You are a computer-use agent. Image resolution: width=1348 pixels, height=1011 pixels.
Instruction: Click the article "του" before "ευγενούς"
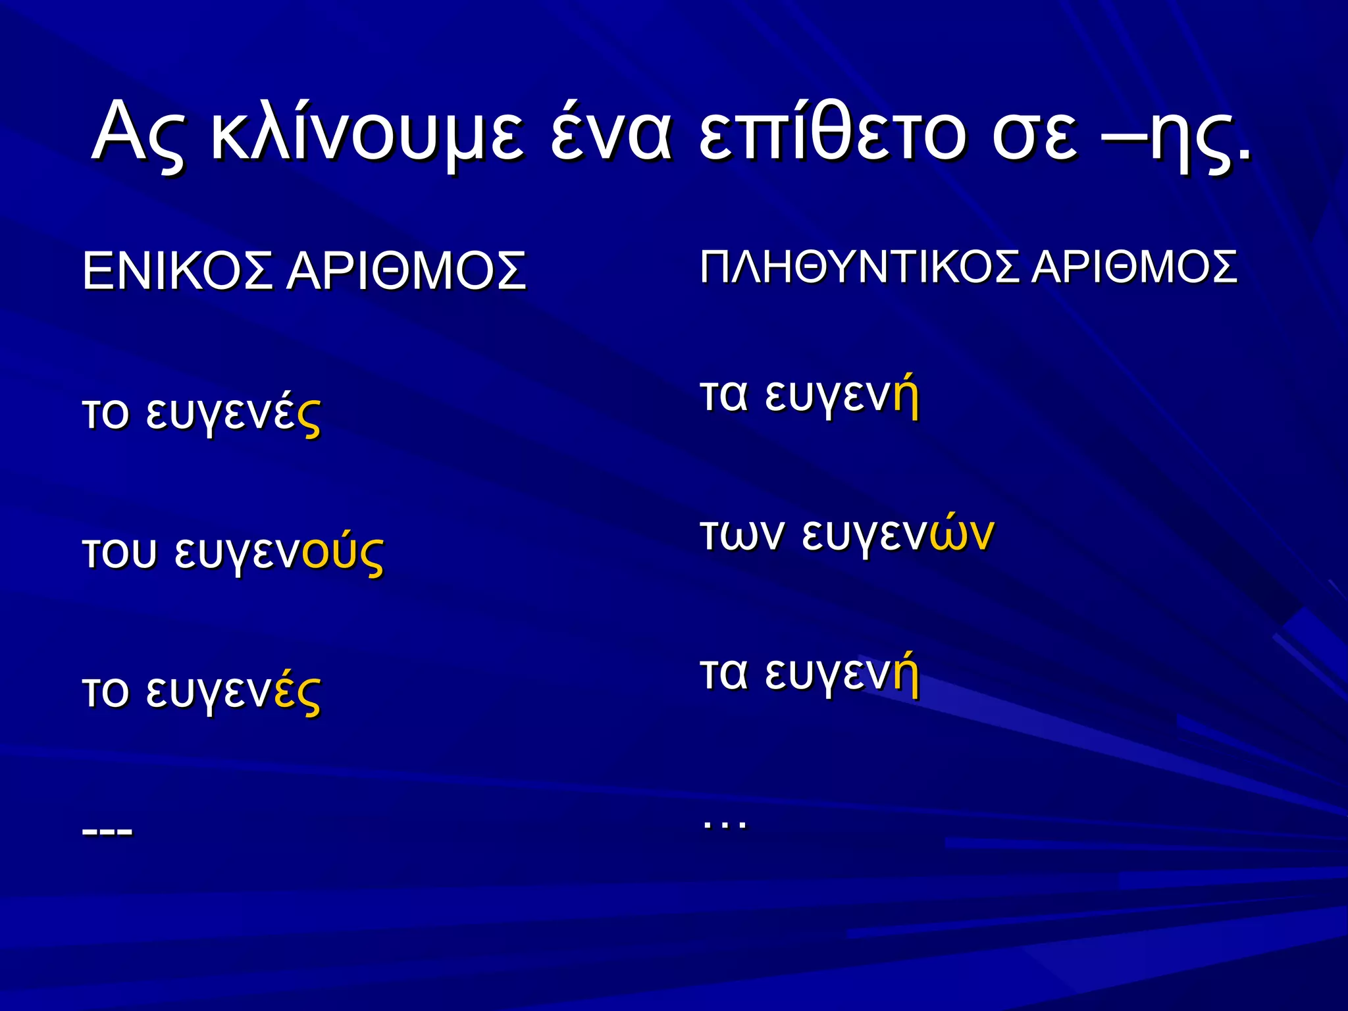click(x=119, y=553)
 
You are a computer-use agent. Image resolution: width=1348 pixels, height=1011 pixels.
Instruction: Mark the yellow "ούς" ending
click(x=343, y=554)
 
